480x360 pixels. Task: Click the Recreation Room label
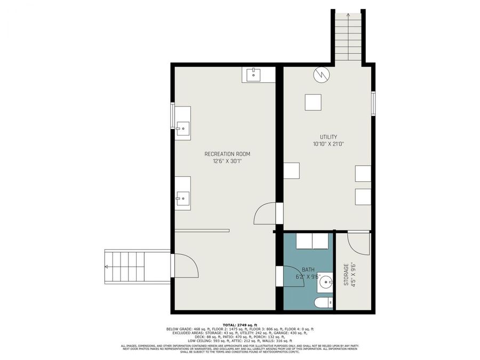click(x=227, y=154)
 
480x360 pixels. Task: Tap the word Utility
click(x=328, y=137)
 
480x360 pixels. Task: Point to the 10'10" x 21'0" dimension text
click(x=328, y=144)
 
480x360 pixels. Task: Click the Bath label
click(x=308, y=270)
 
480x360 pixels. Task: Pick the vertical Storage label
click(x=346, y=274)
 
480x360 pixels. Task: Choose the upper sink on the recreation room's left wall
click(x=182, y=127)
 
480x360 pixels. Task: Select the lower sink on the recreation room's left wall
click(x=182, y=198)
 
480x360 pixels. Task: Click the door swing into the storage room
click(x=357, y=243)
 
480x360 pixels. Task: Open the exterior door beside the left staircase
click(x=184, y=265)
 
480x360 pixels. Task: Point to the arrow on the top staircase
click(x=348, y=18)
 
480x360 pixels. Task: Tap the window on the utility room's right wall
click(x=373, y=103)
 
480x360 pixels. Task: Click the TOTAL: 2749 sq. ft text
click(x=239, y=325)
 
